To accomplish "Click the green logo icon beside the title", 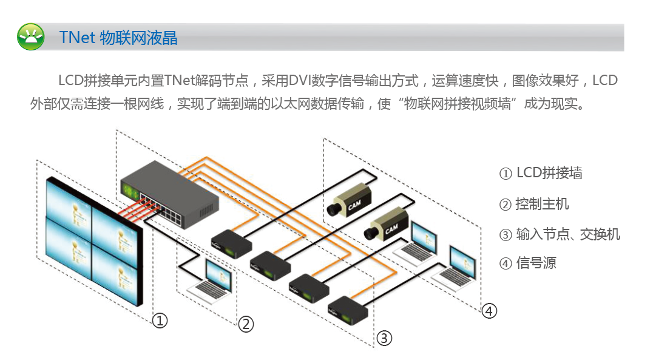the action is [30, 37].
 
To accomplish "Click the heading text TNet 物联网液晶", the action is [118, 38].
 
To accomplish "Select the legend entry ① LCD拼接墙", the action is [541, 173].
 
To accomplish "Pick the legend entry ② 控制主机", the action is [534, 204].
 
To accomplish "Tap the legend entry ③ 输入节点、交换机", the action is [560, 234].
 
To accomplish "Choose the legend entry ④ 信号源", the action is [527, 263].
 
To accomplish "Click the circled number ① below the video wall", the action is [160, 321].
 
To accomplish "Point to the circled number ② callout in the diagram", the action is [246, 324].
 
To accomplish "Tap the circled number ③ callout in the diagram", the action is [384, 338].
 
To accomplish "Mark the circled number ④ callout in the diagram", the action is [489, 311].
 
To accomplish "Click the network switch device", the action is [169, 195].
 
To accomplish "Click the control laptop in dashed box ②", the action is [210, 281].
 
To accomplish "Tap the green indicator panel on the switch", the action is [129, 192].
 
